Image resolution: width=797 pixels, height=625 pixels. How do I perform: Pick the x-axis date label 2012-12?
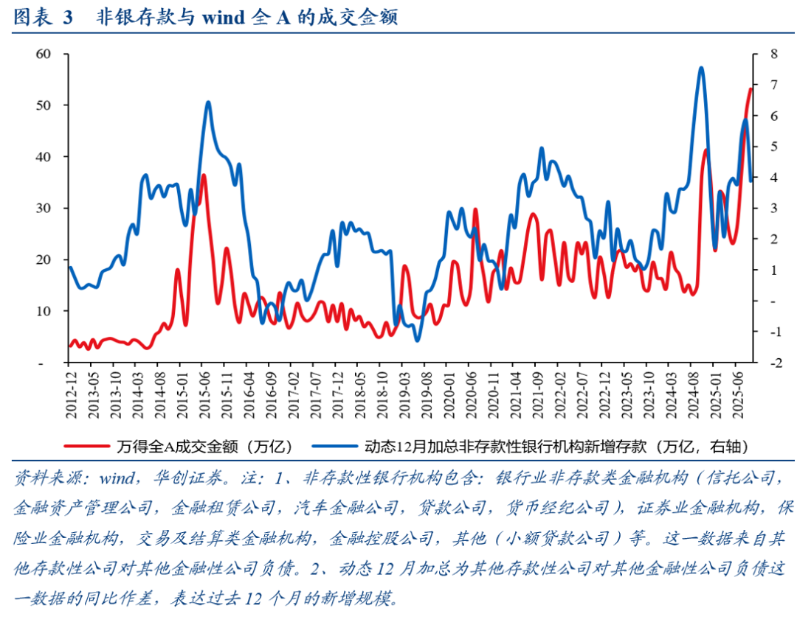click(x=72, y=395)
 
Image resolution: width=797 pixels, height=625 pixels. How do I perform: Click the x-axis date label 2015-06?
click(x=205, y=395)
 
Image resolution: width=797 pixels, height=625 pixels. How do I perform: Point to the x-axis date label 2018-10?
click(x=383, y=395)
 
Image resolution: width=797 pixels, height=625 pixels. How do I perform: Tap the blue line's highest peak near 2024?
click(x=700, y=68)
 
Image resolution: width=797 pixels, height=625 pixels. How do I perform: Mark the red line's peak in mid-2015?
click(x=204, y=175)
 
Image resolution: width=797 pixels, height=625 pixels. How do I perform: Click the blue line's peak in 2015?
click(x=208, y=102)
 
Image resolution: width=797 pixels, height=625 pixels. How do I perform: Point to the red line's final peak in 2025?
click(x=750, y=89)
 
